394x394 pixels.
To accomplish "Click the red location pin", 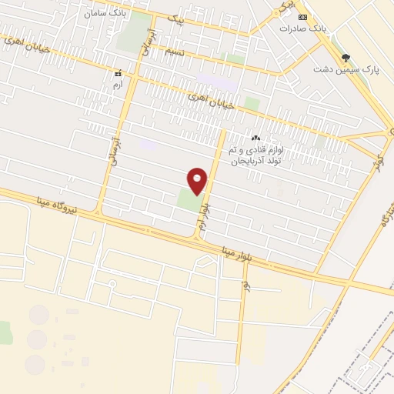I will click(198, 180).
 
